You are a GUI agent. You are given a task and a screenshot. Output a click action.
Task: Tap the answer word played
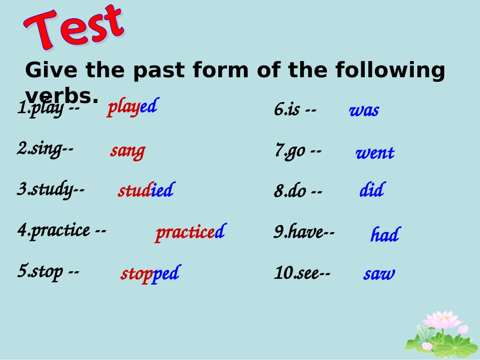pos(132,108)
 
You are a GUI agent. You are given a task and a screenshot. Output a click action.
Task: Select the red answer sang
pos(128,151)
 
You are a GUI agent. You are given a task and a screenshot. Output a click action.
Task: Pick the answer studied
pos(147,190)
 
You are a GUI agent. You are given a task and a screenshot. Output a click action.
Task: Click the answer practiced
pos(190,232)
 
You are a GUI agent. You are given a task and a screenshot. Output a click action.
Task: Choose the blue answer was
pos(364,111)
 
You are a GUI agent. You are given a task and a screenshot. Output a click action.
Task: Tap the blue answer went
pos(375,152)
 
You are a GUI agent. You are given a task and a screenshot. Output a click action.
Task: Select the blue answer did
pos(372,189)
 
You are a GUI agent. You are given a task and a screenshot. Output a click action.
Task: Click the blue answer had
pos(386,234)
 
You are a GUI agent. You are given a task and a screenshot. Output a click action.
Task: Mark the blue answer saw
pos(379,274)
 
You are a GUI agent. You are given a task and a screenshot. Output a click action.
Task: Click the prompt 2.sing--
pos(45,149)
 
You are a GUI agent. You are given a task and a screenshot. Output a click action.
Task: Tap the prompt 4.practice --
pos(62,231)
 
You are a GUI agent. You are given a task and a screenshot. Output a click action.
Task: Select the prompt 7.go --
pos(298,151)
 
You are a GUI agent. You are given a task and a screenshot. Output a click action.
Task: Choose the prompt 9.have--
pos(304,232)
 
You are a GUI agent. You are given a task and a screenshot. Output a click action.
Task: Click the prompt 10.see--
pos(302,273)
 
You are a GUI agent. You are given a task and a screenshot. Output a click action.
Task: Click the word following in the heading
pos(390,70)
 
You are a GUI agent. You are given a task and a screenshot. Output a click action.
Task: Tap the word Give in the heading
pos(51,70)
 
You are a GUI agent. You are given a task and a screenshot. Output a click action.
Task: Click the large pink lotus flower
pos(442,321)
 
